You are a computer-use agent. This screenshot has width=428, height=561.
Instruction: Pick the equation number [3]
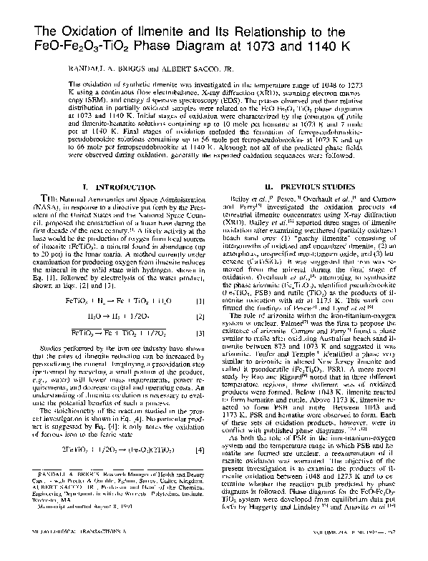click(x=203, y=314)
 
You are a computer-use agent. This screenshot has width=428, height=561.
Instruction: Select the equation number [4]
click(x=203, y=431)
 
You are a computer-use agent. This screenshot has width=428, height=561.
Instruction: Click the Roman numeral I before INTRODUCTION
click(x=86, y=187)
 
